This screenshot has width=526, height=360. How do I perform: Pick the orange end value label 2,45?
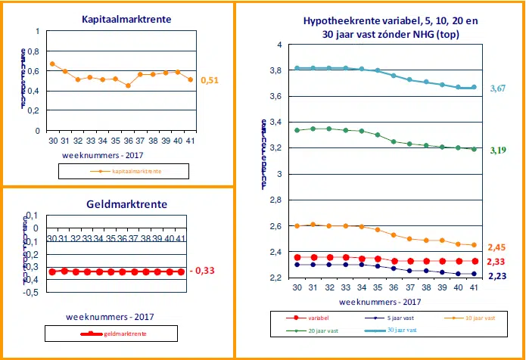(x=497, y=247)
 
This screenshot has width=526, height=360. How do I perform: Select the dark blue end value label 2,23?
(x=497, y=276)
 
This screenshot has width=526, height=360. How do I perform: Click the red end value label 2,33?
(x=497, y=262)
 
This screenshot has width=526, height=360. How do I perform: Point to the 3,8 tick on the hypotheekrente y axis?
(x=275, y=71)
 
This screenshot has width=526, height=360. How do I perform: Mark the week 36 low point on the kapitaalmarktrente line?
(x=129, y=85)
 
